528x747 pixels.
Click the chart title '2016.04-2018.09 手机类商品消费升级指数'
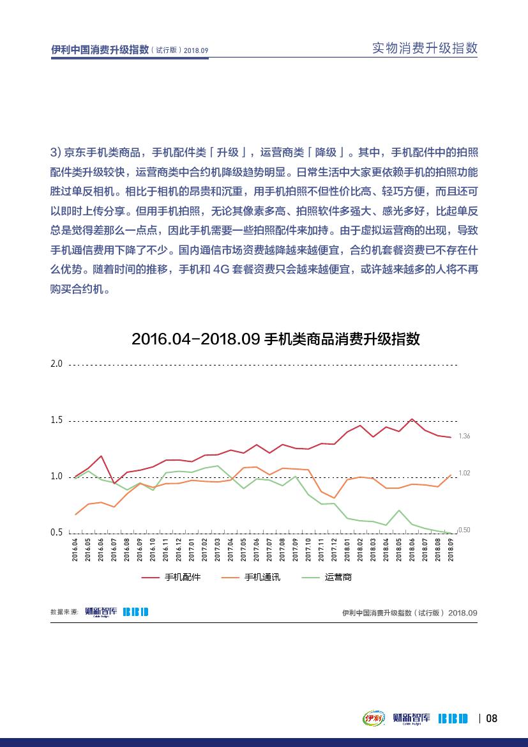pyautogui.click(x=275, y=339)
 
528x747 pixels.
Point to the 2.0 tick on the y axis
pyautogui.click(x=57, y=364)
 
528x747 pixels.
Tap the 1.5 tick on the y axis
pyautogui.click(x=57, y=420)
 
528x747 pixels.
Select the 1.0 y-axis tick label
pyautogui.click(x=57, y=477)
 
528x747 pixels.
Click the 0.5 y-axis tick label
pyautogui.click(x=57, y=532)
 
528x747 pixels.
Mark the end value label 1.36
pyautogui.click(x=464, y=436)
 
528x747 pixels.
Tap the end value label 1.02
pyautogui.click(x=464, y=473)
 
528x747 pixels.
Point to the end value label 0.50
pyautogui.click(x=464, y=530)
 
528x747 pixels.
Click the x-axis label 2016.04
pyautogui.click(x=75, y=550)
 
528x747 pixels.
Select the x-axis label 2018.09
pyautogui.click(x=451, y=550)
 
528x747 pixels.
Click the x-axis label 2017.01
pyautogui.click(x=192, y=550)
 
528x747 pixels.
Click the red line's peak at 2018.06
pyautogui.click(x=412, y=419)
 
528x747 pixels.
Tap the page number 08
pyautogui.click(x=492, y=718)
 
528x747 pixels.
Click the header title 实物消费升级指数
pyautogui.click(x=425, y=49)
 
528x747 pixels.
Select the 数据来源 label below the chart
pyautogui.click(x=64, y=612)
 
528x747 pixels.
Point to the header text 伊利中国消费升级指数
pyautogui.click(x=100, y=50)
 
